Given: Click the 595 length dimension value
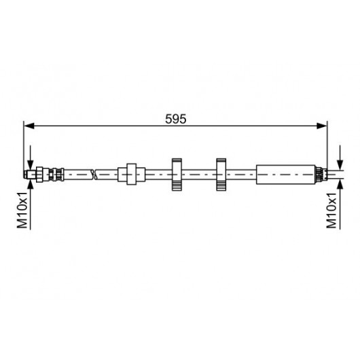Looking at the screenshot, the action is (x=176, y=119).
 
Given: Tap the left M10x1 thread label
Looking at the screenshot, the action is (x=22, y=211).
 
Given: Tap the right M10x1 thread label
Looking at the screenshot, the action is (x=331, y=211).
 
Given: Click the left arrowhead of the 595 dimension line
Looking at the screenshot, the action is (x=29, y=126).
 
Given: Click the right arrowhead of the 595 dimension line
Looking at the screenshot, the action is (x=321, y=126).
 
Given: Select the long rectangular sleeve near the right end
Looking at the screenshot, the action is (x=285, y=175).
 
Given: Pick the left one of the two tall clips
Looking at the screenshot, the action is (x=177, y=175).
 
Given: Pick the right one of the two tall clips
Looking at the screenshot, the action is (x=221, y=175).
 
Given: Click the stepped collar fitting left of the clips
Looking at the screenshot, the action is (x=131, y=175).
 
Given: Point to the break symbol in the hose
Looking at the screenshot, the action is (x=94, y=175).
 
